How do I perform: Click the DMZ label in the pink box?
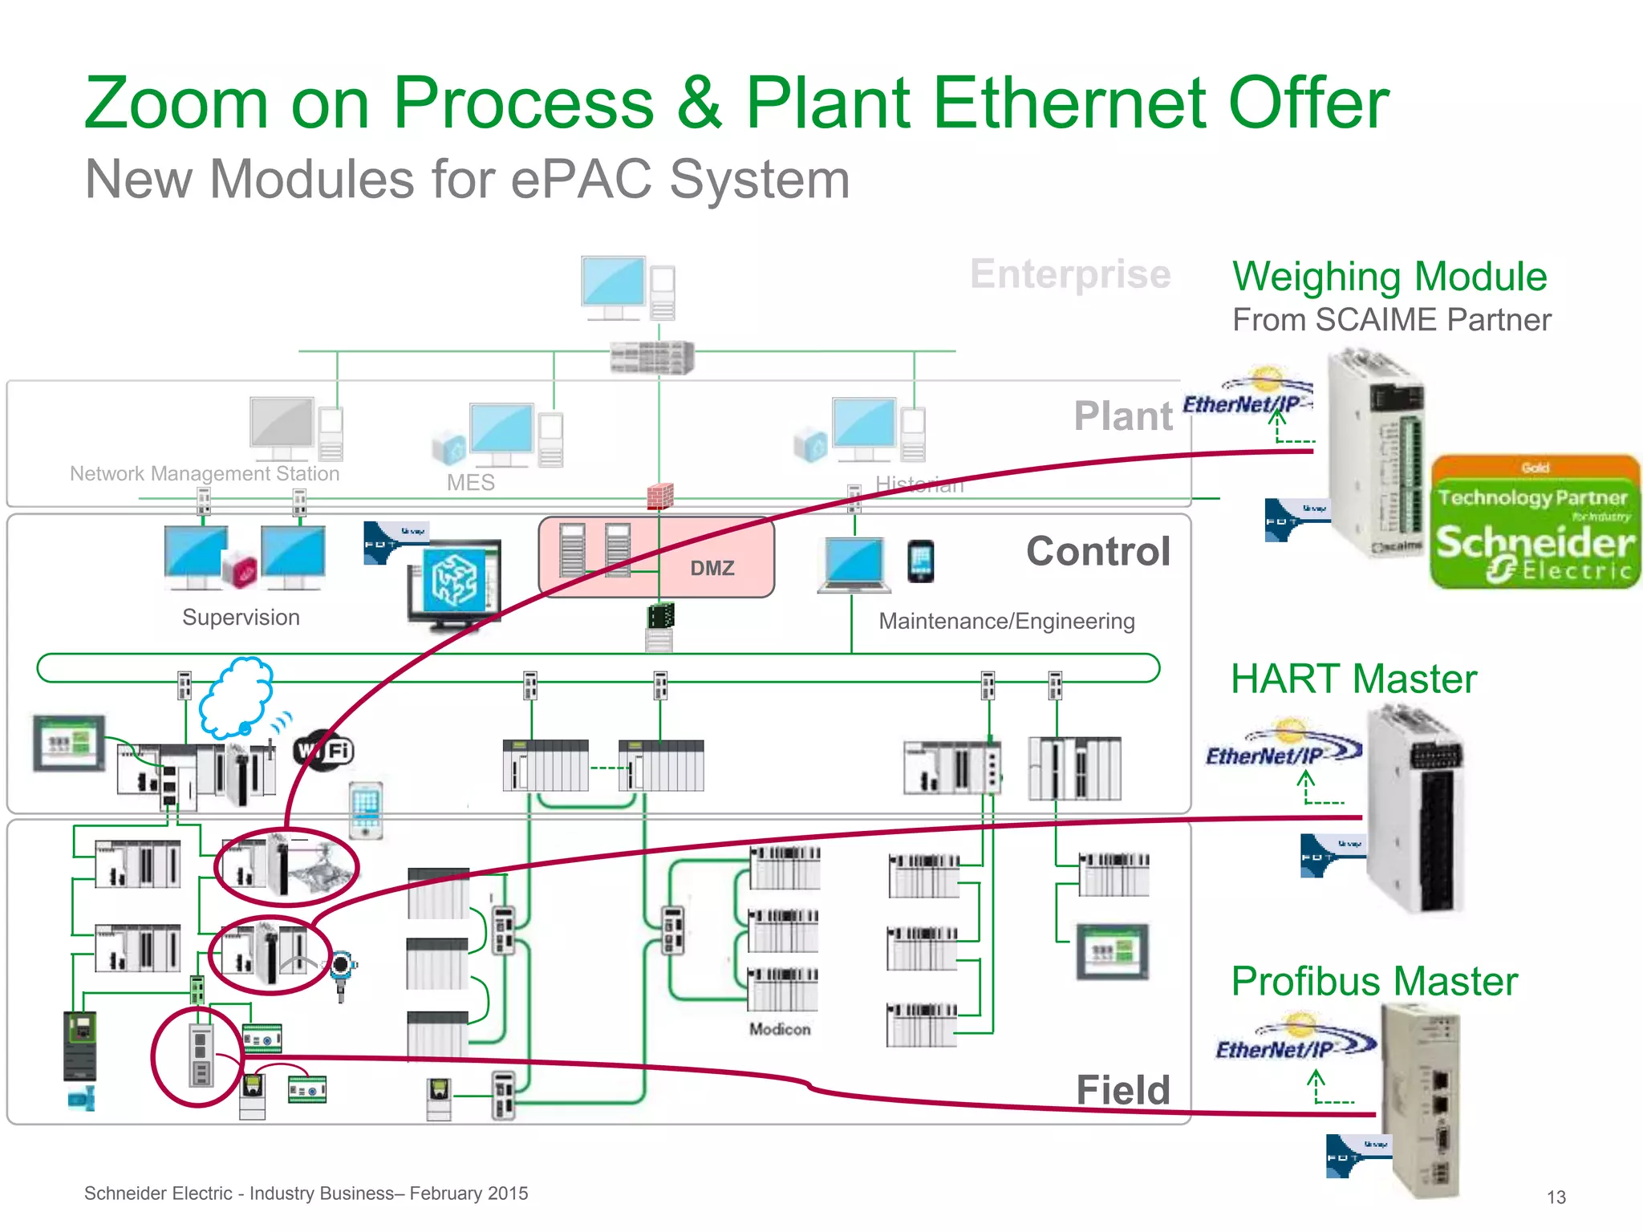click(x=712, y=568)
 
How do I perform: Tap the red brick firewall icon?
click(x=659, y=496)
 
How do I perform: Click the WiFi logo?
click(x=324, y=751)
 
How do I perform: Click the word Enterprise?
click(x=1070, y=274)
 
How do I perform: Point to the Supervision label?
click(x=241, y=618)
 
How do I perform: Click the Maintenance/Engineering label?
click(x=1006, y=621)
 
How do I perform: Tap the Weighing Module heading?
click(x=1389, y=277)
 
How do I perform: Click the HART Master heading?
click(x=1353, y=679)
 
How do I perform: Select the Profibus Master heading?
click(x=1374, y=981)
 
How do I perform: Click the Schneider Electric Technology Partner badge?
click(x=1535, y=522)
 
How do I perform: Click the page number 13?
click(x=1556, y=1197)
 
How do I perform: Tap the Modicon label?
click(x=780, y=1029)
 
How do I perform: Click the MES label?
click(x=471, y=483)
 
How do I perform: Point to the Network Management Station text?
click(x=205, y=473)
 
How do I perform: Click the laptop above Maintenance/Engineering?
click(x=854, y=564)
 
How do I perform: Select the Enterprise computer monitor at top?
click(x=614, y=285)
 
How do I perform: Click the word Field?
click(x=1122, y=1090)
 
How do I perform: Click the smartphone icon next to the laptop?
click(x=920, y=561)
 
